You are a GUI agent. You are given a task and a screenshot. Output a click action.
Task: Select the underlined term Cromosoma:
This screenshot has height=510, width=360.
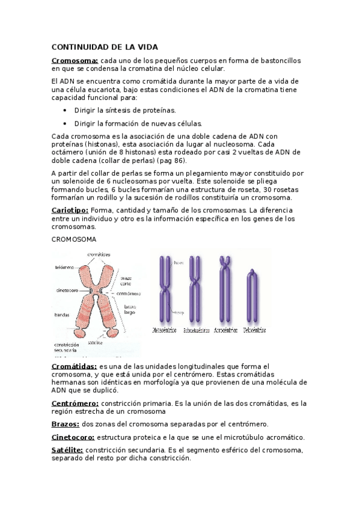pyautogui.click(x=75, y=60)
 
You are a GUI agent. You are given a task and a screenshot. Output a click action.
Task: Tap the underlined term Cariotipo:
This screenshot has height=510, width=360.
pyautogui.click(x=70, y=210)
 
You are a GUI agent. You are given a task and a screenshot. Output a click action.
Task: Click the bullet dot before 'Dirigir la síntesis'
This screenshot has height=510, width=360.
pyautogui.click(x=65, y=111)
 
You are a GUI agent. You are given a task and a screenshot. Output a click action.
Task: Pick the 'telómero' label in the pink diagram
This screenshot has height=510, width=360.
pyautogui.click(x=64, y=266)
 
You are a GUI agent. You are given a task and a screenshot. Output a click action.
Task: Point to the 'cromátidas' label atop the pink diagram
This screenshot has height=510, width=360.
pyautogui.click(x=99, y=254)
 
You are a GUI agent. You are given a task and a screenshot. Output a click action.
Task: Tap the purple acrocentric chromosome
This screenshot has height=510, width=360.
pyautogui.click(x=225, y=291)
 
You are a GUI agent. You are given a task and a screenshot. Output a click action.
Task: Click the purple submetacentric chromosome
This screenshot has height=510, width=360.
pyautogui.click(x=194, y=291)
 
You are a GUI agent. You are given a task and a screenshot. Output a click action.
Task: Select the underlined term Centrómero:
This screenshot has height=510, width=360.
pyautogui.click(x=75, y=403)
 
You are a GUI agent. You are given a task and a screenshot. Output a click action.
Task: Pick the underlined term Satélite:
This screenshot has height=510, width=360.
pyautogui.click(x=68, y=450)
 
